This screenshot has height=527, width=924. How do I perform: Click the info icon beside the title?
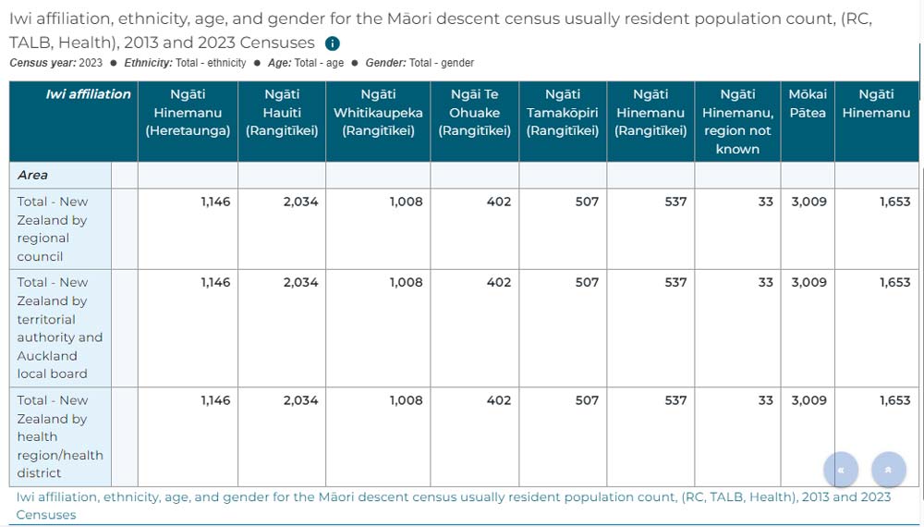point(333,43)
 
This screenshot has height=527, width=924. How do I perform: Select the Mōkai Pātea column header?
point(808,104)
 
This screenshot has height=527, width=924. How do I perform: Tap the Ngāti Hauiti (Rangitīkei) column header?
point(282,113)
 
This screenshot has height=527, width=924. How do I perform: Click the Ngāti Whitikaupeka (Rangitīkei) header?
point(378,113)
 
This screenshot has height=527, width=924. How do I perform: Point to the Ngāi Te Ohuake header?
point(474,113)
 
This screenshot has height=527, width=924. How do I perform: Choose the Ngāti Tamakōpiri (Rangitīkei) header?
point(563,113)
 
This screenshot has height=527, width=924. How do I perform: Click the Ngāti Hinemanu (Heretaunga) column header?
point(188,113)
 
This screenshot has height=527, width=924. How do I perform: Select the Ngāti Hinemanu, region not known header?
point(737,121)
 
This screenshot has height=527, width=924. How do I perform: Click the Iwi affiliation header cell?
point(88,94)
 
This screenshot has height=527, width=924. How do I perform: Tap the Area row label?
point(33,175)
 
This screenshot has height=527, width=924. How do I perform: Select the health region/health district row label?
point(60,436)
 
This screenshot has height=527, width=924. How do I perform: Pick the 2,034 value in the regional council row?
point(300,202)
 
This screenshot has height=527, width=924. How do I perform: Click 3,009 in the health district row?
point(808,400)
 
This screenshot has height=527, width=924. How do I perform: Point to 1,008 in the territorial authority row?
point(406,283)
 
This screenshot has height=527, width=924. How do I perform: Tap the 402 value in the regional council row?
point(498,202)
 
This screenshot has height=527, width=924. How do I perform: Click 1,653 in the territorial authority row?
point(894,283)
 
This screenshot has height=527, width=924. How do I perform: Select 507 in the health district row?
point(587,400)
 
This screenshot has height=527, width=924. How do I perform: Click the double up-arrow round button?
point(888,470)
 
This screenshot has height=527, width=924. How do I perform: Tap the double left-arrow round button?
point(841,470)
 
